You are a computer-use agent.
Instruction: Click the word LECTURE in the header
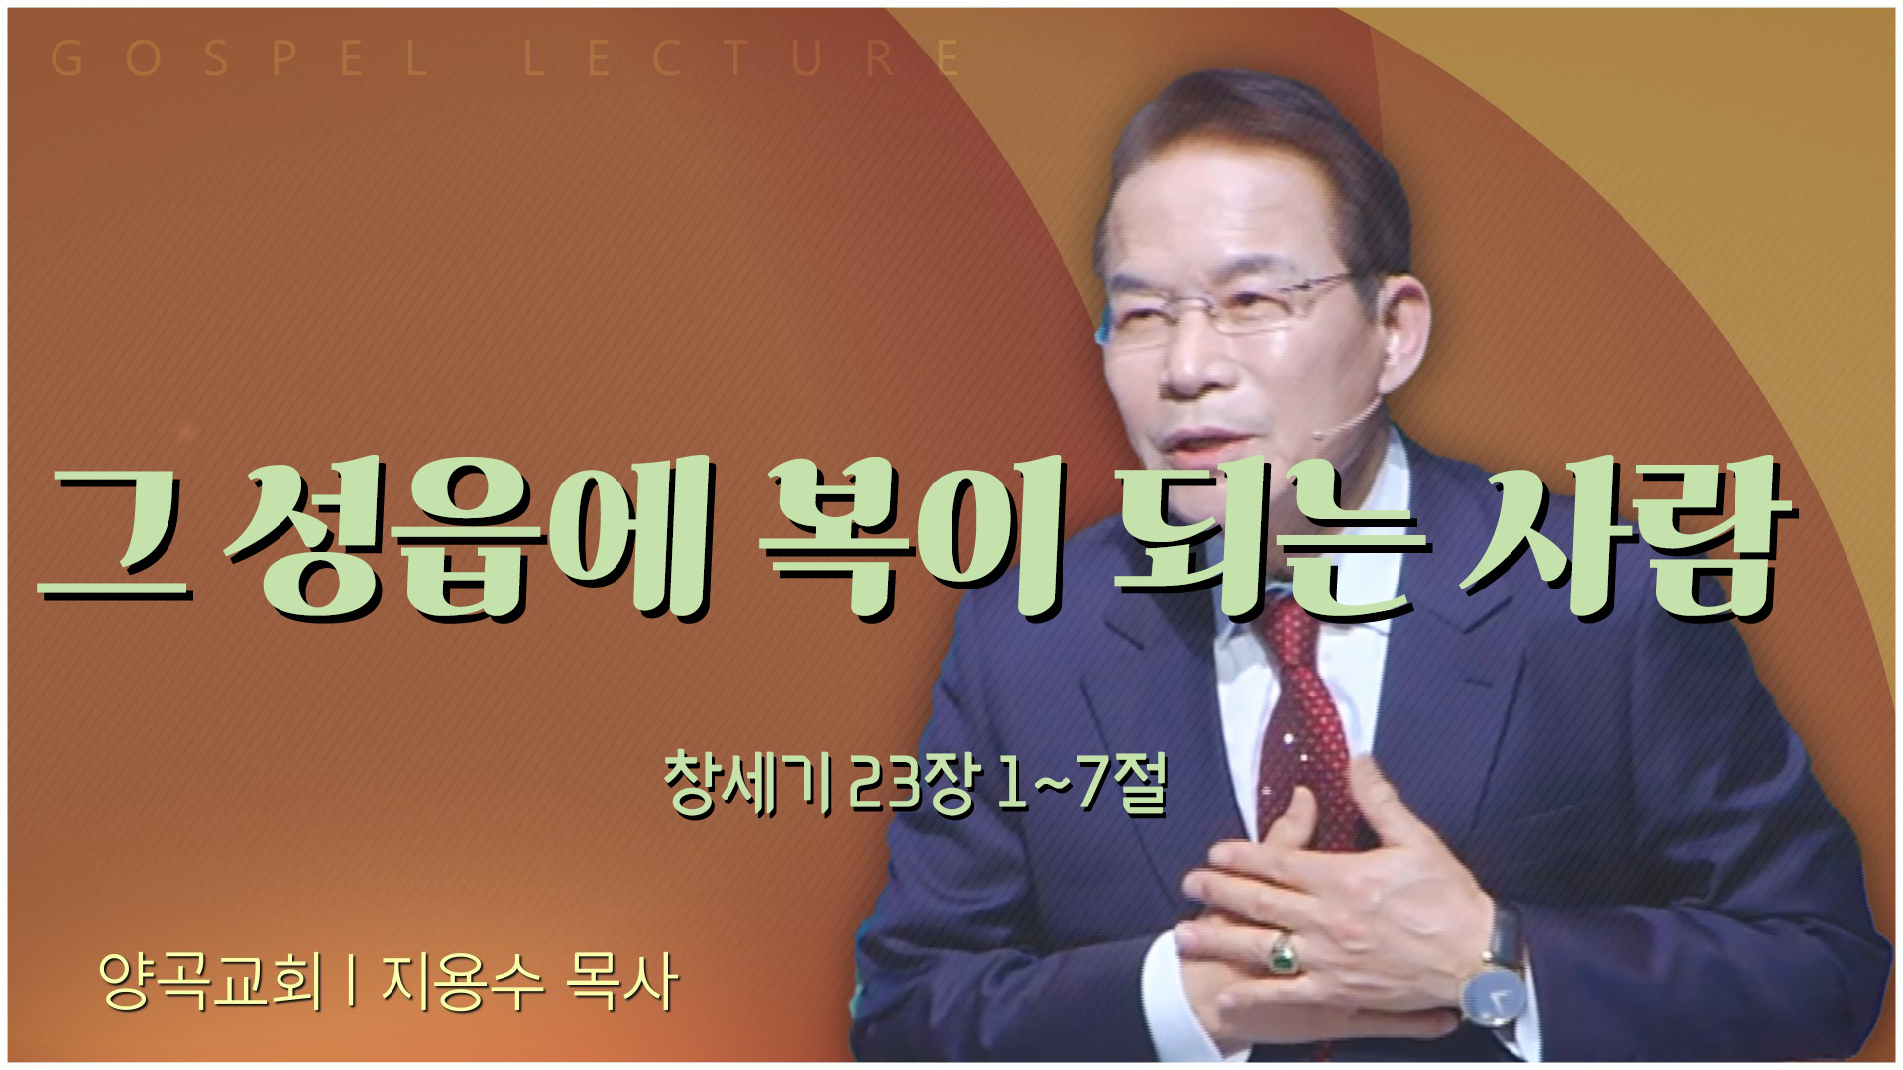[x=742, y=59]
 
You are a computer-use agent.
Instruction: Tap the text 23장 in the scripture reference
[x=916, y=784]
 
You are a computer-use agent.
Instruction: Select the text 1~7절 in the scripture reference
[x=1082, y=784]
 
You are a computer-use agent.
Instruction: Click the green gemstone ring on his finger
[x=1284, y=953]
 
